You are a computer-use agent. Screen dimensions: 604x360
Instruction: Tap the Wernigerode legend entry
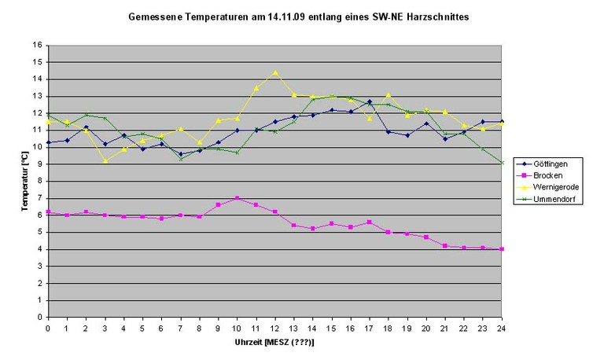pyautogui.click(x=547, y=187)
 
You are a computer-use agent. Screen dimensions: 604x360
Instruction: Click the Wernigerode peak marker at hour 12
pyautogui.click(x=275, y=72)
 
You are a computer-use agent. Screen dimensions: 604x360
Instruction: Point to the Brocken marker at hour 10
pyautogui.click(x=237, y=198)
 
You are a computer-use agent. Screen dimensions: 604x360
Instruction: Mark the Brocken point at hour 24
pyautogui.click(x=502, y=249)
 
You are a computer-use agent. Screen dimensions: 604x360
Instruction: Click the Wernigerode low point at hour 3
pyautogui.click(x=105, y=161)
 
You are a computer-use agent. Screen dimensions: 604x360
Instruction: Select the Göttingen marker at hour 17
pyautogui.click(x=370, y=102)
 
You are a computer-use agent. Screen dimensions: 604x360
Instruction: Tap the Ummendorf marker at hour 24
pyautogui.click(x=502, y=163)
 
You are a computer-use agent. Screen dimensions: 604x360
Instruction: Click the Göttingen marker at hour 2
pyautogui.click(x=86, y=127)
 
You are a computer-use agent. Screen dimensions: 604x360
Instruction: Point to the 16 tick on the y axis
pyautogui.click(x=38, y=45)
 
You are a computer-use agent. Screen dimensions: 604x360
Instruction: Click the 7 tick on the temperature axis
pyautogui.click(x=39, y=198)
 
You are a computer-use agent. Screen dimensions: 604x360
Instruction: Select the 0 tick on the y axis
pyautogui.click(x=39, y=318)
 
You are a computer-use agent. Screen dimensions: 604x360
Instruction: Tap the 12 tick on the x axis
pyautogui.click(x=274, y=329)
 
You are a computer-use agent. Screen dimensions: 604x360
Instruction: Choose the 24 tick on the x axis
pyautogui.click(x=501, y=329)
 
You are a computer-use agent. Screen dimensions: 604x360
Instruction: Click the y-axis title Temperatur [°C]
pyautogui.click(x=25, y=181)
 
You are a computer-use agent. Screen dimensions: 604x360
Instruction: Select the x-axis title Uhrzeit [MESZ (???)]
pyautogui.click(x=274, y=342)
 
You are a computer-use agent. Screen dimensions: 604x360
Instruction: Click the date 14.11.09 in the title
pyautogui.click(x=284, y=17)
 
